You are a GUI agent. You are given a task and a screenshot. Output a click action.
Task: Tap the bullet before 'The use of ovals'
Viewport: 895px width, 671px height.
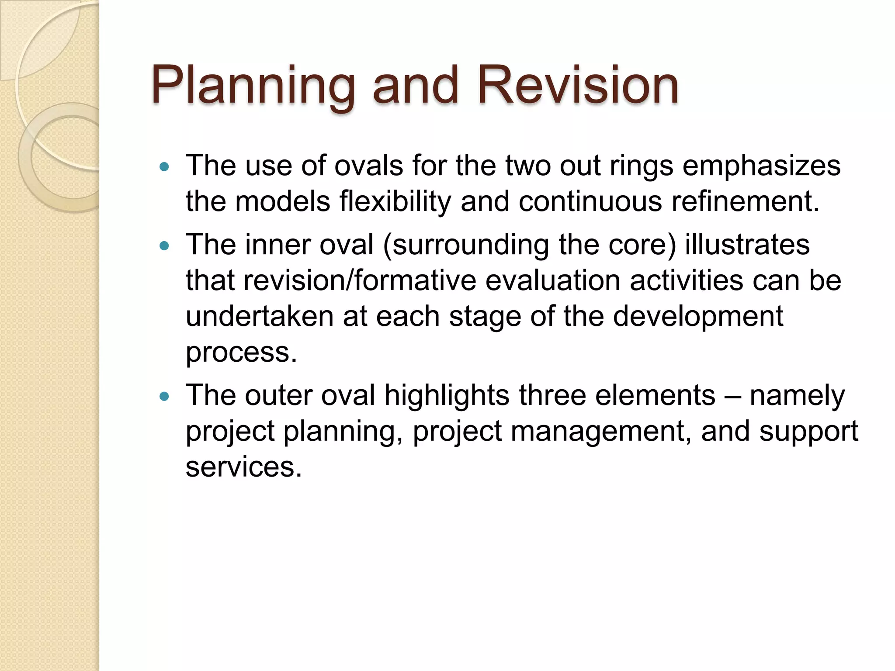(164, 166)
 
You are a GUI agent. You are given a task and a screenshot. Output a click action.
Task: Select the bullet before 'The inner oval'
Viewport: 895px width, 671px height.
(164, 246)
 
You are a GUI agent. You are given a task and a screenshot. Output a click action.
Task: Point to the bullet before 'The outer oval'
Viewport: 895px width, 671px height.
(164, 396)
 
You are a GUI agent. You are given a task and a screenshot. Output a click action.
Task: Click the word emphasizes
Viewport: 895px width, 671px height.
(761, 166)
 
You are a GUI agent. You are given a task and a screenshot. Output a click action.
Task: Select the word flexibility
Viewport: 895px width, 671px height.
(395, 202)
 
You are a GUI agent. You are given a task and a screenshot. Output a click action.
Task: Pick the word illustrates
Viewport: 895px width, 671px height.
(747, 244)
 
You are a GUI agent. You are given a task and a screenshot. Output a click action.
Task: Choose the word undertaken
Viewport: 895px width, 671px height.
(260, 316)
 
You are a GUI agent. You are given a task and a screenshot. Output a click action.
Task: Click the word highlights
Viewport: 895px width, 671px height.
(447, 395)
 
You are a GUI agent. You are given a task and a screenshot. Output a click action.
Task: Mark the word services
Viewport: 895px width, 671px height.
(243, 467)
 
